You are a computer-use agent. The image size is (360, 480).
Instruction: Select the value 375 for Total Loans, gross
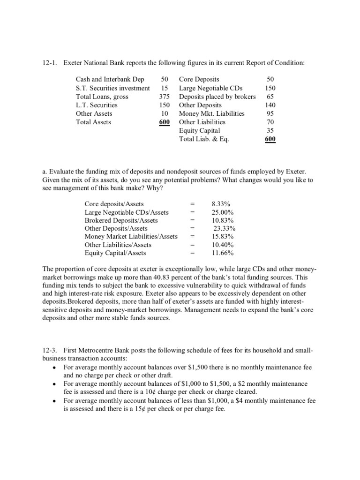164,97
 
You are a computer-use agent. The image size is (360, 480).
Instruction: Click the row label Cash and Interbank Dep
110,80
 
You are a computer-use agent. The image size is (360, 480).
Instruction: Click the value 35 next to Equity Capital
270,130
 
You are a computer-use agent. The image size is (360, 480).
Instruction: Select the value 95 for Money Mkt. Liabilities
270,113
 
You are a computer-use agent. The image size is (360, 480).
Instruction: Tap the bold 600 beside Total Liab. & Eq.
270,139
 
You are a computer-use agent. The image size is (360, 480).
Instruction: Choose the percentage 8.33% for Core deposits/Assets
221,204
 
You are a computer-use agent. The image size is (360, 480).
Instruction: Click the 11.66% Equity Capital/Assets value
223,253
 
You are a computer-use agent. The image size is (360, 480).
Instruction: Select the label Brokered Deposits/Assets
121,220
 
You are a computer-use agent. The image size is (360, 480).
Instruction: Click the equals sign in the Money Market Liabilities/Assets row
192,236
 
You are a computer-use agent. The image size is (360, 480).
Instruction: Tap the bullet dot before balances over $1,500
56,368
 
